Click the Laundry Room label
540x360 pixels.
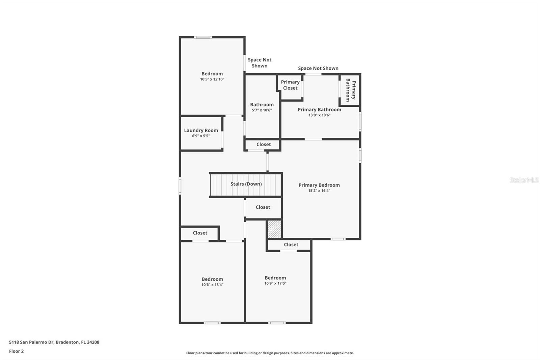tap(201, 130)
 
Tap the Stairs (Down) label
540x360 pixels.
tap(246, 184)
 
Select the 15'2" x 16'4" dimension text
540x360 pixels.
tap(319, 190)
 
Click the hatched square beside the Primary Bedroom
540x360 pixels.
tap(274, 229)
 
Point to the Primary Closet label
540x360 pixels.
tap(290, 85)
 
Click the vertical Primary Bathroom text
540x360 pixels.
tap(350, 91)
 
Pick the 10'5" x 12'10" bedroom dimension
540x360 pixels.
tap(212, 79)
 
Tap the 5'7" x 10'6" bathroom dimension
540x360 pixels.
tap(262, 110)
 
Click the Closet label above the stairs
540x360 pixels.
tap(263, 144)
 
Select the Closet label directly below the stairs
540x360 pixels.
tap(263, 207)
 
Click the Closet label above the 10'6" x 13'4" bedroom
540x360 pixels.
tap(200, 233)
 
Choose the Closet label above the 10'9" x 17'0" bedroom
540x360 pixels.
tap(291, 245)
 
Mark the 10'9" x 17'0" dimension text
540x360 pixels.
tap(275, 283)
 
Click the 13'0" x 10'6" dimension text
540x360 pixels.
tap(319, 115)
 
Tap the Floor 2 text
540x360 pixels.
tap(16, 351)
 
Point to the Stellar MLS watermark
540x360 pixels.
tap(524, 180)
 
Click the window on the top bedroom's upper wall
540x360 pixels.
tap(203, 37)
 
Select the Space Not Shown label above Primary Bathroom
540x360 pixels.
tap(318, 68)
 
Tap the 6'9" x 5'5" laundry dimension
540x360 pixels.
tap(201, 136)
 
